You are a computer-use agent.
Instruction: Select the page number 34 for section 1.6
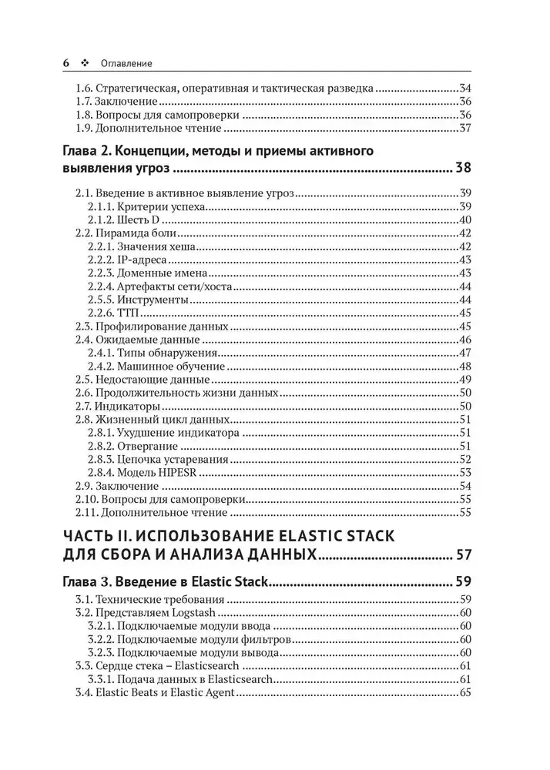(x=464, y=88)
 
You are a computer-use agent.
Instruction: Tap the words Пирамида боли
(x=137, y=233)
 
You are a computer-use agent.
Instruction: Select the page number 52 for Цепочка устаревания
(x=464, y=459)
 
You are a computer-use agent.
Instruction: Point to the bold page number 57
(x=462, y=554)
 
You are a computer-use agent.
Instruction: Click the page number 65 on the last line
(x=464, y=692)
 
